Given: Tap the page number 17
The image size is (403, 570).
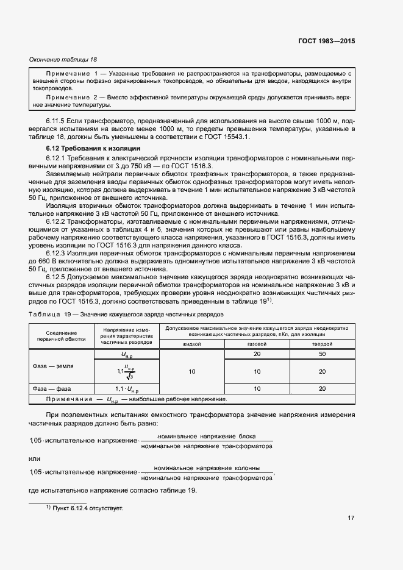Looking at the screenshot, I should pyautogui.click(x=351, y=519).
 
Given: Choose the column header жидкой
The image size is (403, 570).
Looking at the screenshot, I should pyautogui.click(x=192, y=344).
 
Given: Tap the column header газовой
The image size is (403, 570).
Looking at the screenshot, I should pyautogui.click(x=257, y=344).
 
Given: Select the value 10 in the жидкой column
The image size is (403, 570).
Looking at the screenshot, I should pyautogui.click(x=192, y=371).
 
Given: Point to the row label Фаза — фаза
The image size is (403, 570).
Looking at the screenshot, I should pyautogui.click(x=51, y=388).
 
